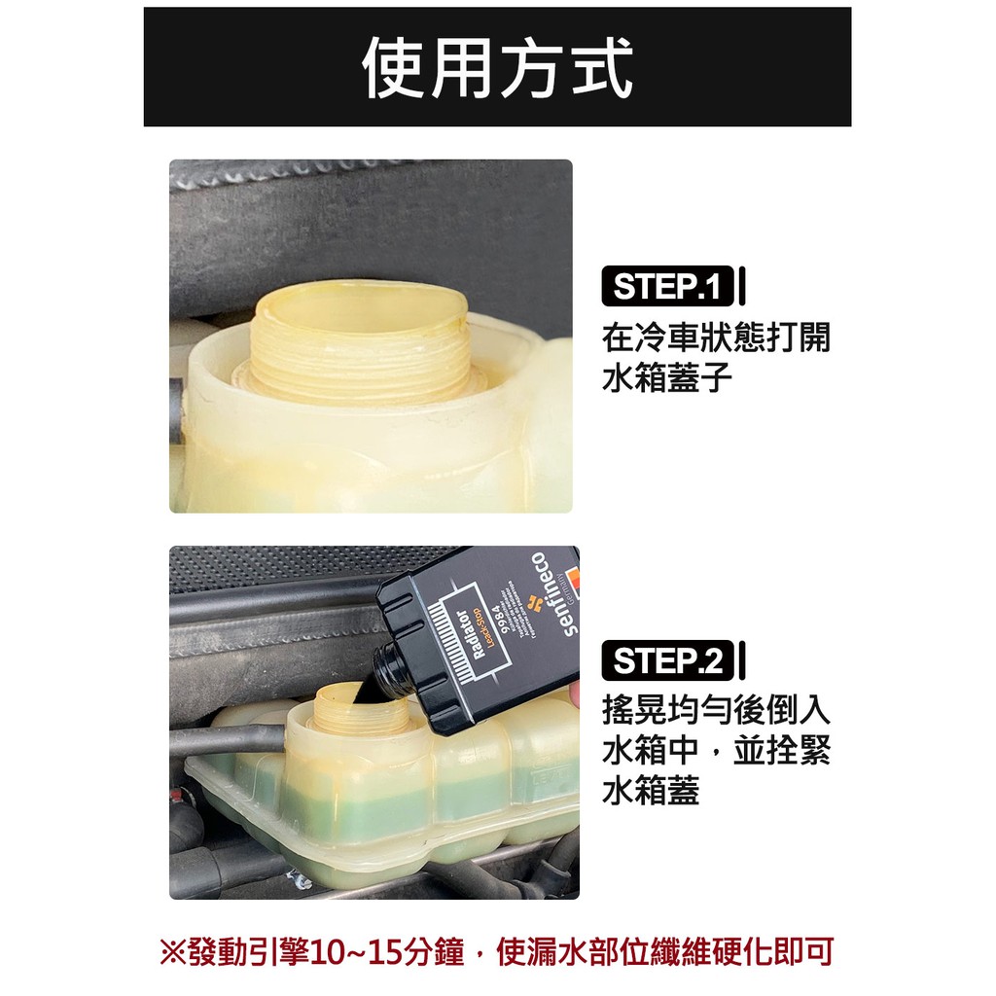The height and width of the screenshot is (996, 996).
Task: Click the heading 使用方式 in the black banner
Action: (497, 68)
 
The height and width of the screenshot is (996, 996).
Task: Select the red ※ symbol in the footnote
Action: (171, 950)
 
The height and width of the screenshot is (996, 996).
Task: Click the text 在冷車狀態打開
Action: (716, 339)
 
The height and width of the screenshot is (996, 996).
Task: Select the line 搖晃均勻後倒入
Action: (716, 709)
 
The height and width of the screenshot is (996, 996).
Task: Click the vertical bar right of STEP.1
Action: (742, 288)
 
